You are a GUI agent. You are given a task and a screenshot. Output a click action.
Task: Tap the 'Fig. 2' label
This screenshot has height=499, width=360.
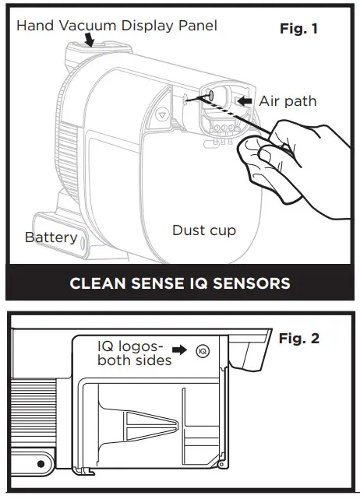coord(299,339)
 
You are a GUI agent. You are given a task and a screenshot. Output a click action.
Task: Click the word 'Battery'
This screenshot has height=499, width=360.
coord(51,237)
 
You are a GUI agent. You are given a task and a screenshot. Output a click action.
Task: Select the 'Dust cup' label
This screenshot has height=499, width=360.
coord(204,230)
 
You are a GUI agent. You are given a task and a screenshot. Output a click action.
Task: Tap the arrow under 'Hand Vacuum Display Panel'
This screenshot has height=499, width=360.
coord(91,40)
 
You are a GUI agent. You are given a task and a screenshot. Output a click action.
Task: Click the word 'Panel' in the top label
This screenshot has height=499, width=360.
coord(198,26)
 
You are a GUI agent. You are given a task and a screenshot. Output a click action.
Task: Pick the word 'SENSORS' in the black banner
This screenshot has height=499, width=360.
coord(248,283)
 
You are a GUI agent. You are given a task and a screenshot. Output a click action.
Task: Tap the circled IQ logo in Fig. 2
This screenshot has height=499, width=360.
coord(203,351)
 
